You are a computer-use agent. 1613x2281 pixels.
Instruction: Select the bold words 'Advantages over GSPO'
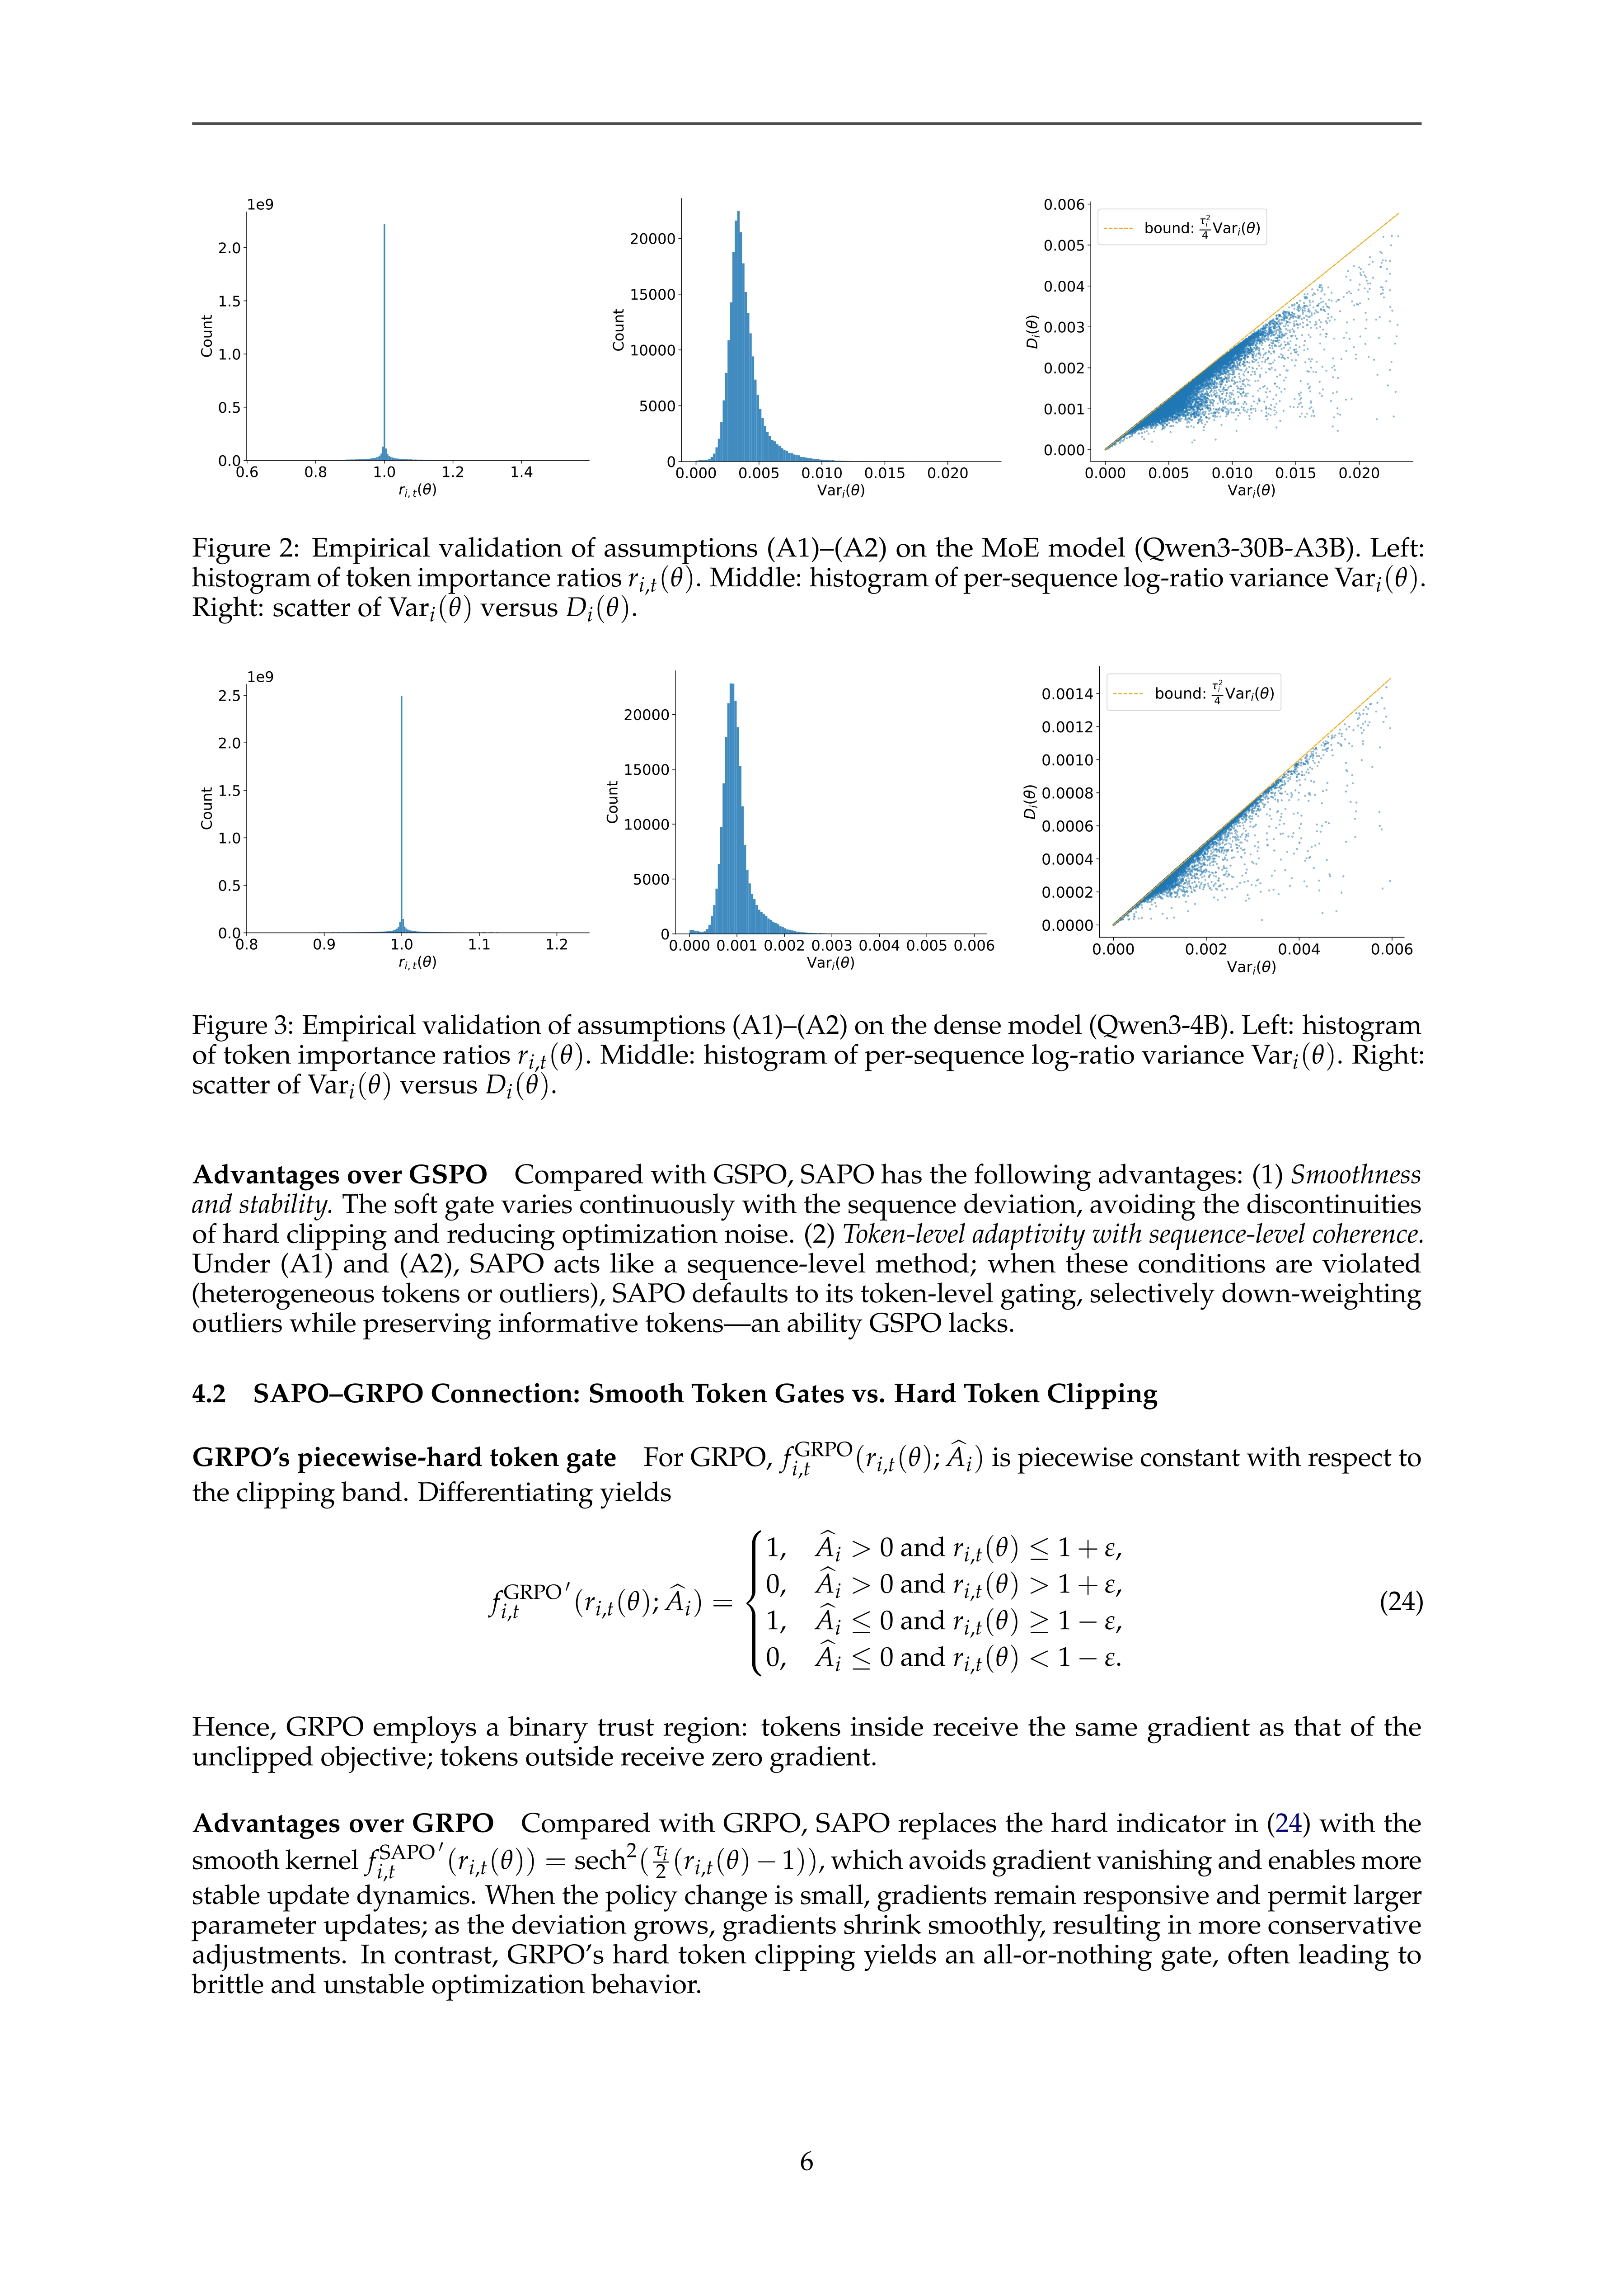[340, 1174]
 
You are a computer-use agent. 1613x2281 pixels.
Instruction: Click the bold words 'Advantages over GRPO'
[342, 1823]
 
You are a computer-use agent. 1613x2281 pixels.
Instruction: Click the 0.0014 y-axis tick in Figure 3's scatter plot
[1067, 693]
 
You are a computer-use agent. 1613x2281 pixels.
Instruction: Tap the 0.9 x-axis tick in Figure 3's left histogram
[324, 945]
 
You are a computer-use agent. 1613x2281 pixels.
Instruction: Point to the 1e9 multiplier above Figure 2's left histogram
[260, 205]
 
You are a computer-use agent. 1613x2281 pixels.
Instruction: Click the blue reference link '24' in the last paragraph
[1288, 1823]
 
